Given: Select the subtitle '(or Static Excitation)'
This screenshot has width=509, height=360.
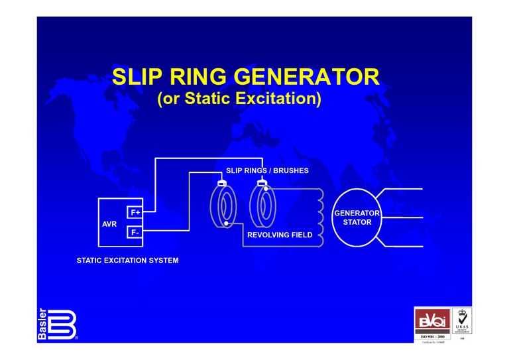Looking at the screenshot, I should click(239, 99).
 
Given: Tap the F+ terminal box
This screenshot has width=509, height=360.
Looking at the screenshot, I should click(135, 212).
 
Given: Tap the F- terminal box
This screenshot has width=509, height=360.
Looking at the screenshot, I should click(135, 233).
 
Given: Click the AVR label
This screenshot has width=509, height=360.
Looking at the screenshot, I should click(109, 224).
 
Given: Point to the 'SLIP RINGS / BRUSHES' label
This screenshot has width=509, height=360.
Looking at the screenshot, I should click(267, 171).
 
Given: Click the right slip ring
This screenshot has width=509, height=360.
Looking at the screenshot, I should click(262, 206).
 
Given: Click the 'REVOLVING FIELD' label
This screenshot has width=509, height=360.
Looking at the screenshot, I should click(280, 235).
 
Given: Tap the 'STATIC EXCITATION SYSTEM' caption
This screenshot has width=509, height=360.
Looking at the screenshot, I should click(128, 261).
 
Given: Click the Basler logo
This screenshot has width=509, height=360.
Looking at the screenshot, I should click(56, 324).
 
